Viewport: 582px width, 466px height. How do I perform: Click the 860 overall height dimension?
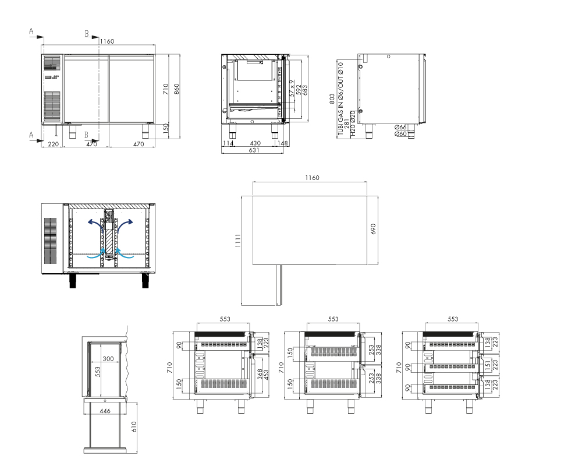coord(176,89)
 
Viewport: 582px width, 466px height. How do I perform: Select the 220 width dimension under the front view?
coord(54,144)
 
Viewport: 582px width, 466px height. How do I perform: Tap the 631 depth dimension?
coord(254,150)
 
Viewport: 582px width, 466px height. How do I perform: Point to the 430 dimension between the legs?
coord(255,143)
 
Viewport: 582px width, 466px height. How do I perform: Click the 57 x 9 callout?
coord(292,89)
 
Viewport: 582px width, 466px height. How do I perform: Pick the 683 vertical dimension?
coord(305,90)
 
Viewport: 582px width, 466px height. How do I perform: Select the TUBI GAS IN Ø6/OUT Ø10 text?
coord(340,98)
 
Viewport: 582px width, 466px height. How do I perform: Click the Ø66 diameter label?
coord(400,127)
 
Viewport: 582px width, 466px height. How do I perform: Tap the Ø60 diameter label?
coord(400,134)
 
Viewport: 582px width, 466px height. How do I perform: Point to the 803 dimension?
coord(332,98)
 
